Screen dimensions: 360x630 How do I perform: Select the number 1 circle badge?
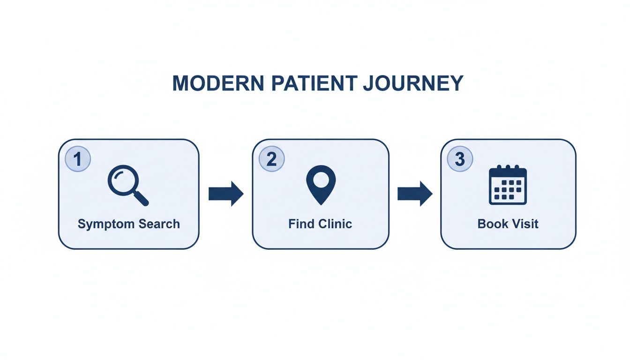[x=78, y=159]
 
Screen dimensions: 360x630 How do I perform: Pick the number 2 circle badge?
[x=271, y=159]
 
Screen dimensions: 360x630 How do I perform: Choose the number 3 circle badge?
[x=460, y=159]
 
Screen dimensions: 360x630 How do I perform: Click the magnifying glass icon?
[x=127, y=187]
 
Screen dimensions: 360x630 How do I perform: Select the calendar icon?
[x=508, y=185]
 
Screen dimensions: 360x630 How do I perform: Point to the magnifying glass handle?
[x=141, y=199]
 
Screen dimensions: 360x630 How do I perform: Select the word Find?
[x=301, y=224]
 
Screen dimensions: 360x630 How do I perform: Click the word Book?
[x=492, y=224]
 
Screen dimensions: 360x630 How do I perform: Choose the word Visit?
[x=525, y=224]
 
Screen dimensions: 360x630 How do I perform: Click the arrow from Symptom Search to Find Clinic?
[x=226, y=193]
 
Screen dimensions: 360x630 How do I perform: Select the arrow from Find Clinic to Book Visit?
[x=415, y=193]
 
